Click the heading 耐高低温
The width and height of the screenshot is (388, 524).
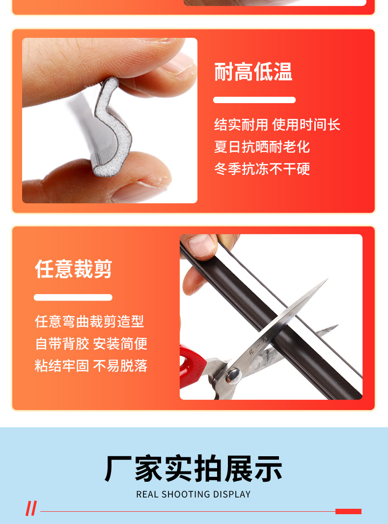253,72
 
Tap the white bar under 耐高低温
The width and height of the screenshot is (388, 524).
254,100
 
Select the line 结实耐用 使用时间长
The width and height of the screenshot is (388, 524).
277,125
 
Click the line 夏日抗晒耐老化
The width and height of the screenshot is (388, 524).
262,147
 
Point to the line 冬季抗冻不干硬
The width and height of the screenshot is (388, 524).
262,169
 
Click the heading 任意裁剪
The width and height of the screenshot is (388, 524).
74,269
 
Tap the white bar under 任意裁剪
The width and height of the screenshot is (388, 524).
73,297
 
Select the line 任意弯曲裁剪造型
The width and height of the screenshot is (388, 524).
89,322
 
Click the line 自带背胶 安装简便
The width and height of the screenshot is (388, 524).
91,344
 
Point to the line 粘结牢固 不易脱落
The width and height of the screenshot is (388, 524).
91,366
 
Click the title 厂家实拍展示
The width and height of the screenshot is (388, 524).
194,469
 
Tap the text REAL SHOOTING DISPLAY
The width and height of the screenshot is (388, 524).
194,495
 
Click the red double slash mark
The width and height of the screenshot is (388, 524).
31,509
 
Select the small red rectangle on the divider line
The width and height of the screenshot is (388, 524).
348,511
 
